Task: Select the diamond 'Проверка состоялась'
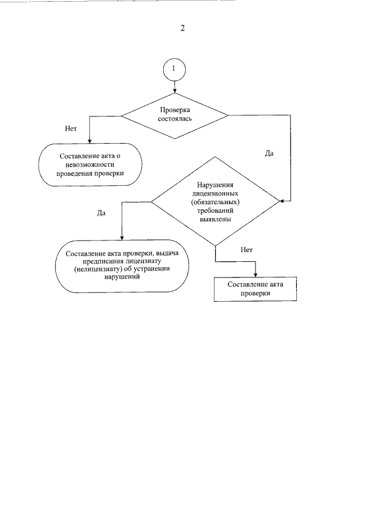pyautogui.click(x=175, y=115)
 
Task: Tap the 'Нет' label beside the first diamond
pyautogui.click(x=71, y=128)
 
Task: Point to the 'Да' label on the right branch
pyautogui.click(x=269, y=153)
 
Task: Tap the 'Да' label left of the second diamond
pyautogui.click(x=101, y=213)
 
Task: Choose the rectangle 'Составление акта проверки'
pyautogui.click(x=255, y=289)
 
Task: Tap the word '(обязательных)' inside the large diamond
pyautogui.click(x=214, y=203)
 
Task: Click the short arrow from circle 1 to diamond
pyautogui.click(x=175, y=85)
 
